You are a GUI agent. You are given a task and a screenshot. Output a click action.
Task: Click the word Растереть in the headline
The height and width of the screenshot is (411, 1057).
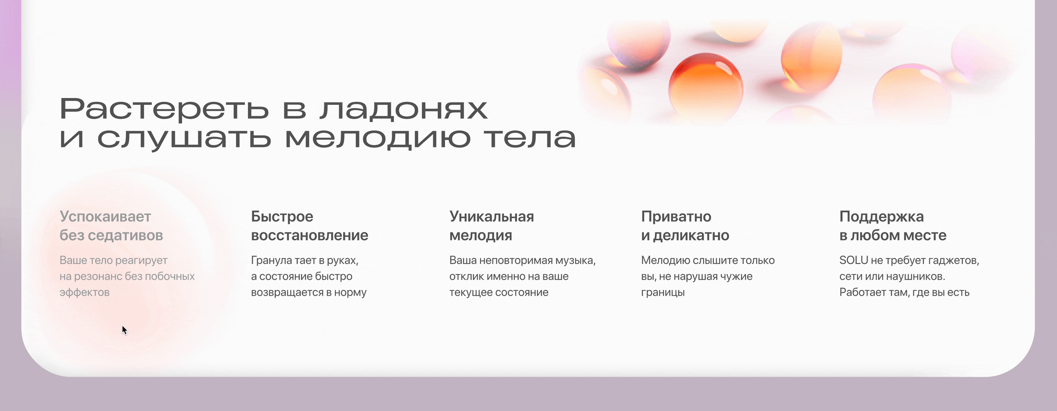pos(164,109)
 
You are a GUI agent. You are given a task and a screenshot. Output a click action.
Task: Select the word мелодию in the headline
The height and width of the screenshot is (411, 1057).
pos(377,138)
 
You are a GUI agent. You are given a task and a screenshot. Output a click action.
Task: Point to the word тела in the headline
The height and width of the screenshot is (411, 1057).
pos(529,138)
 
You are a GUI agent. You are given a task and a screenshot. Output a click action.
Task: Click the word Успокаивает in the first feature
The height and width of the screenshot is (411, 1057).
pos(105,217)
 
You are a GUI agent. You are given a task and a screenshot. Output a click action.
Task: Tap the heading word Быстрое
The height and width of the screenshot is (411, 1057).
pos(282,217)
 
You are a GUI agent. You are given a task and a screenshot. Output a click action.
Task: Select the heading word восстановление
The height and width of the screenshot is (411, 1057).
pos(309,236)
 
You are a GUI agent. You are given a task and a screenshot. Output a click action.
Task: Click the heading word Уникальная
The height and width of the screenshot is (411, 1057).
pos(492,217)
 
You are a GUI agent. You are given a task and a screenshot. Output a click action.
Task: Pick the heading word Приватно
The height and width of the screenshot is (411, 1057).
pos(676,217)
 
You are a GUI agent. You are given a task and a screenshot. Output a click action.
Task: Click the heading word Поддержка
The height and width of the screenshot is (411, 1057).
pos(882,217)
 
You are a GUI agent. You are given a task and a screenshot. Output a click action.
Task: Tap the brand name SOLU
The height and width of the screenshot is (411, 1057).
pos(854,261)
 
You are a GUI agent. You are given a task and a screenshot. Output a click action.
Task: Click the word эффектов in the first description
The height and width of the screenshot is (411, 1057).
pos(85,293)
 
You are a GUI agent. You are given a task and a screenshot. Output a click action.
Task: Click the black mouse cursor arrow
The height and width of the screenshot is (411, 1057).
pos(124,330)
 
